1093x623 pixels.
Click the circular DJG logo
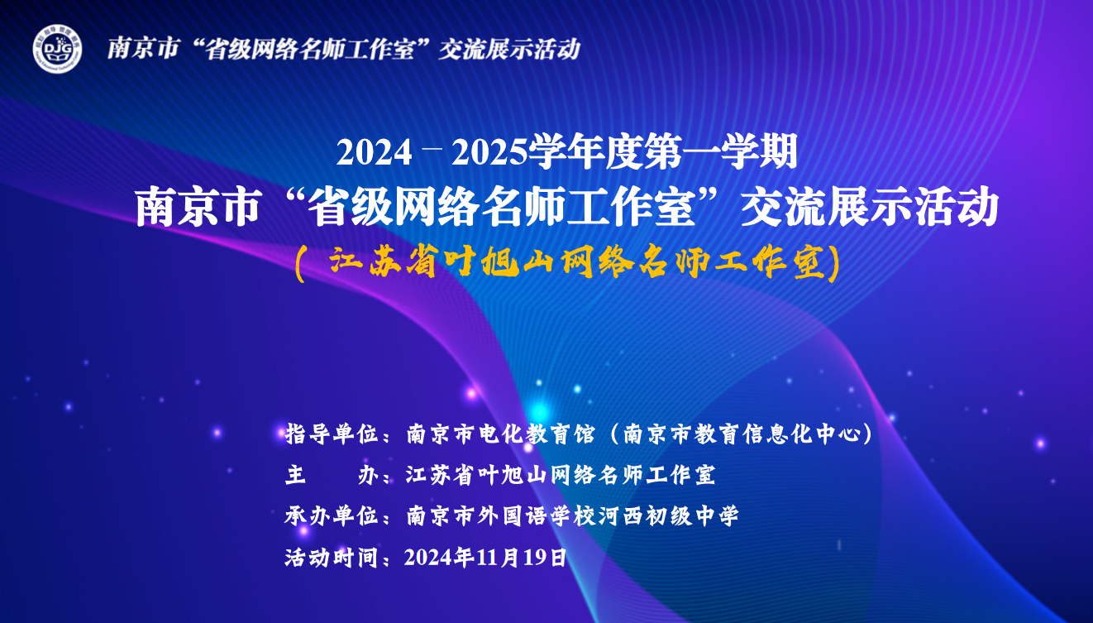tap(58, 49)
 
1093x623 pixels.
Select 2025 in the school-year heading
tap(489, 153)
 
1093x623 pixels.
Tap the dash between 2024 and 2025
tap(432, 145)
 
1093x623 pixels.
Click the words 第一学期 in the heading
tap(721, 152)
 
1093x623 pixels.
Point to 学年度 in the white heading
tap(585, 152)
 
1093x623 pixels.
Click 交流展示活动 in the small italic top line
tap(509, 50)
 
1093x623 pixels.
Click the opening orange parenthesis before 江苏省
tap(300, 264)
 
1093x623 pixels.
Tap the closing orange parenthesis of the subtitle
tap(834, 264)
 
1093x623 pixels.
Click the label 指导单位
tap(332, 434)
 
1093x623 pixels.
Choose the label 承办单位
tap(332, 516)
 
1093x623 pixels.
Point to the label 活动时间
tap(332, 558)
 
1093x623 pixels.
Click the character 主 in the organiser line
tap(296, 475)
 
